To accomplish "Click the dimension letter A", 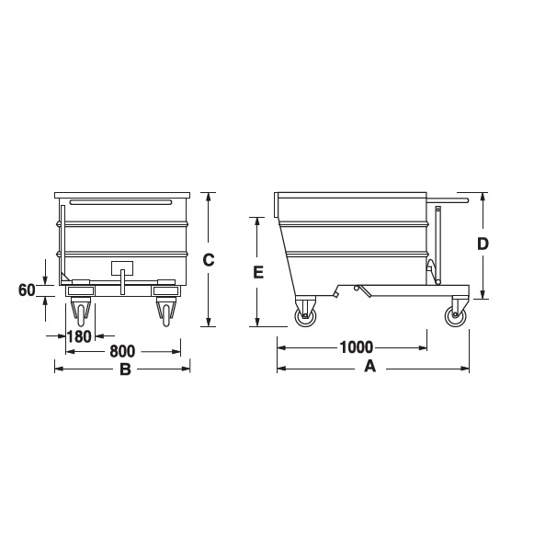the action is tap(370, 367).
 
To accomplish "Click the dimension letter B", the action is tap(125, 369).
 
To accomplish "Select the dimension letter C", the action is tap(209, 260).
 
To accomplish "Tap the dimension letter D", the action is tap(483, 244).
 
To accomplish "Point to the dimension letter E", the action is tap(258, 272).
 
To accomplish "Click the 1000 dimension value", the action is tap(357, 347).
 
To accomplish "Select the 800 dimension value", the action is tap(122, 351).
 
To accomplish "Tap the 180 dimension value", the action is tap(79, 336).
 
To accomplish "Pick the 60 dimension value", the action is tap(27, 290).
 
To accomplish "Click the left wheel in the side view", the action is tap(305, 316).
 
